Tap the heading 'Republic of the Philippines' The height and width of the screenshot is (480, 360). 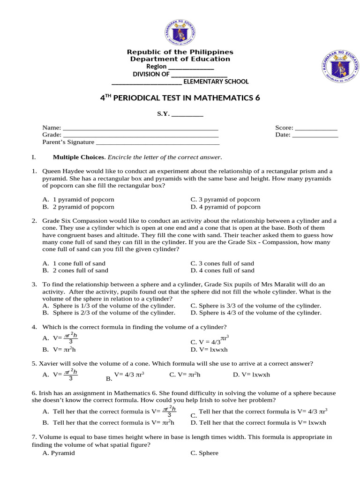(x=180, y=52)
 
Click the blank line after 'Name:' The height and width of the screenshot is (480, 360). (x=140, y=127)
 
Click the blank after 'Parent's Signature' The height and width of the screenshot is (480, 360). (x=157, y=142)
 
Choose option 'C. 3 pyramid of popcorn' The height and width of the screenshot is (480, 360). (x=225, y=199)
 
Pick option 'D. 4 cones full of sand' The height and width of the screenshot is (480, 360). (x=222, y=270)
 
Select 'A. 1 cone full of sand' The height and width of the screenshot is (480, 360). (x=74, y=263)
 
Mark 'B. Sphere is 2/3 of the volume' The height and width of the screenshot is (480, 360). (x=109, y=313)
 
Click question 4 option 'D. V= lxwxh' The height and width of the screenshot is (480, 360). (x=209, y=349)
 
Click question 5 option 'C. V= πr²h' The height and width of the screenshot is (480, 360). (x=185, y=375)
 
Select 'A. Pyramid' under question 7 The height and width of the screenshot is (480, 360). (x=59, y=453)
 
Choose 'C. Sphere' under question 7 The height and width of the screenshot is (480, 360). (x=204, y=453)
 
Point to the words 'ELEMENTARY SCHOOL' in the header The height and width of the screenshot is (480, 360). (x=216, y=82)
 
